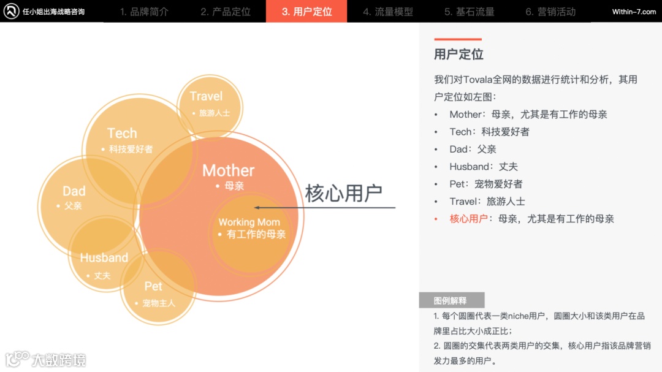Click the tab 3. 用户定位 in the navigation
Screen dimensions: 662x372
coord(306,12)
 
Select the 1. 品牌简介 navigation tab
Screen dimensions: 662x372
coord(144,12)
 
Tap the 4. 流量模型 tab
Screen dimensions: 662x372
coord(387,12)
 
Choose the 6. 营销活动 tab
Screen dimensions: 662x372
coord(550,12)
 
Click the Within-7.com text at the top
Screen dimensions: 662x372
coord(634,12)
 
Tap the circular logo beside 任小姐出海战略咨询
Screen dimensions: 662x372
coord(11,12)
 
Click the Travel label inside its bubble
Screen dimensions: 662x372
coord(206,96)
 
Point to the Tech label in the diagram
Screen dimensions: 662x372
coord(122,133)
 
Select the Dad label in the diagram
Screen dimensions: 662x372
coord(74,191)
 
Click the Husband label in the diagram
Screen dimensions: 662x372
coord(104,258)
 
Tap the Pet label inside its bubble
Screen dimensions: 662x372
coord(153,286)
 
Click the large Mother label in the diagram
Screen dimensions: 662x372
coord(228,170)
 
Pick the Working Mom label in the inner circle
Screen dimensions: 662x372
coord(249,222)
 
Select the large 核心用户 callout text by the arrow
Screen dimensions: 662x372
coord(343,192)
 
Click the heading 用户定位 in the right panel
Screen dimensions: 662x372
coord(458,54)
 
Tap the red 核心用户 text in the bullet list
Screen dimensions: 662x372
coord(469,219)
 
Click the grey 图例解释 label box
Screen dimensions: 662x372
coord(451,300)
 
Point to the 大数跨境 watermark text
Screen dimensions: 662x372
coord(59,359)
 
